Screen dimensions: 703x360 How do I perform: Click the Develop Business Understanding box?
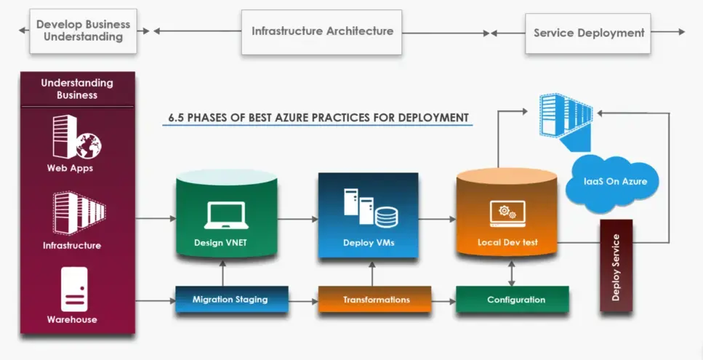(84, 31)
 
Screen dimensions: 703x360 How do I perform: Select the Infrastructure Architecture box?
(321, 32)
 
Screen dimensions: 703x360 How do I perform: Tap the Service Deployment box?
(588, 33)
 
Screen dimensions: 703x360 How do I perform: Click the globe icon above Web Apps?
(88, 145)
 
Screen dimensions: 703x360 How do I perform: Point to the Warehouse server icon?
(74, 289)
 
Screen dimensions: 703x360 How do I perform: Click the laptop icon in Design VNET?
(226, 215)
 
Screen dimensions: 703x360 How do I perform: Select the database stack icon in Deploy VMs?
(387, 217)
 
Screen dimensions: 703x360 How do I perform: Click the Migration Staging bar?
(231, 299)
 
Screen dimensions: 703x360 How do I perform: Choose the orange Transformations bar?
(375, 299)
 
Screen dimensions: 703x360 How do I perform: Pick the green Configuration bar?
(513, 299)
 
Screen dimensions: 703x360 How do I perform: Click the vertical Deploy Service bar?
(616, 265)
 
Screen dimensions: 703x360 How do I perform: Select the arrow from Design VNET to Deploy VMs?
(297, 219)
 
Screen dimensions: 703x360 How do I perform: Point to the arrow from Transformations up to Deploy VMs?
(371, 274)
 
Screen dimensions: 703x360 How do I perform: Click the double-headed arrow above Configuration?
(512, 273)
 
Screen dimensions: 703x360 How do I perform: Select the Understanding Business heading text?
(77, 89)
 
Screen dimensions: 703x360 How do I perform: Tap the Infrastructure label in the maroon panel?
(72, 246)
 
